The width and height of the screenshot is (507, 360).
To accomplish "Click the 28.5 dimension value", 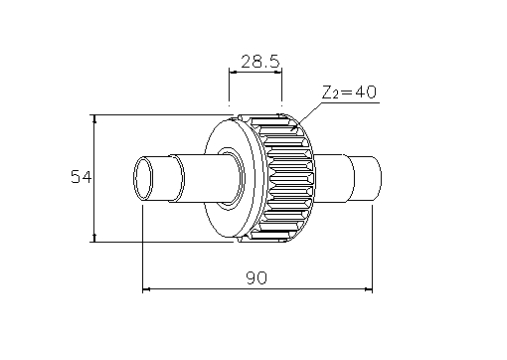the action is coord(260,62).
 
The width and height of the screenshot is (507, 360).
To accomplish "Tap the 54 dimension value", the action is coord(82,177).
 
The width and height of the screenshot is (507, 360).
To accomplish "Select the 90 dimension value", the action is coord(256,277).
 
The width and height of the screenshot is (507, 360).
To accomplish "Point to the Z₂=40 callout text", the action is coord(349,91).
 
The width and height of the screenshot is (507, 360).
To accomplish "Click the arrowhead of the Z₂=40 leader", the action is coord(293,128).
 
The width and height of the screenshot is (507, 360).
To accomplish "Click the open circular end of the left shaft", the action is coord(143,178).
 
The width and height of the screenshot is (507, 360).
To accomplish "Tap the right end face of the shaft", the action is coord(377,178).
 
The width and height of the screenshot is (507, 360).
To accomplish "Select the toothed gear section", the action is coord(284,178).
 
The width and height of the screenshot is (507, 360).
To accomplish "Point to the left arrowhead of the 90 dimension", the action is coord(146,289).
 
